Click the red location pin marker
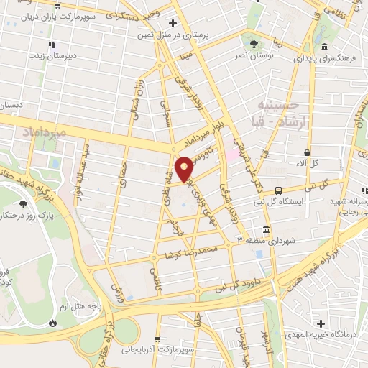coord(185,167)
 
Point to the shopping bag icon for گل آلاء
coord(308,153)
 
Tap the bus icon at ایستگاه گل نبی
coord(277,190)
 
